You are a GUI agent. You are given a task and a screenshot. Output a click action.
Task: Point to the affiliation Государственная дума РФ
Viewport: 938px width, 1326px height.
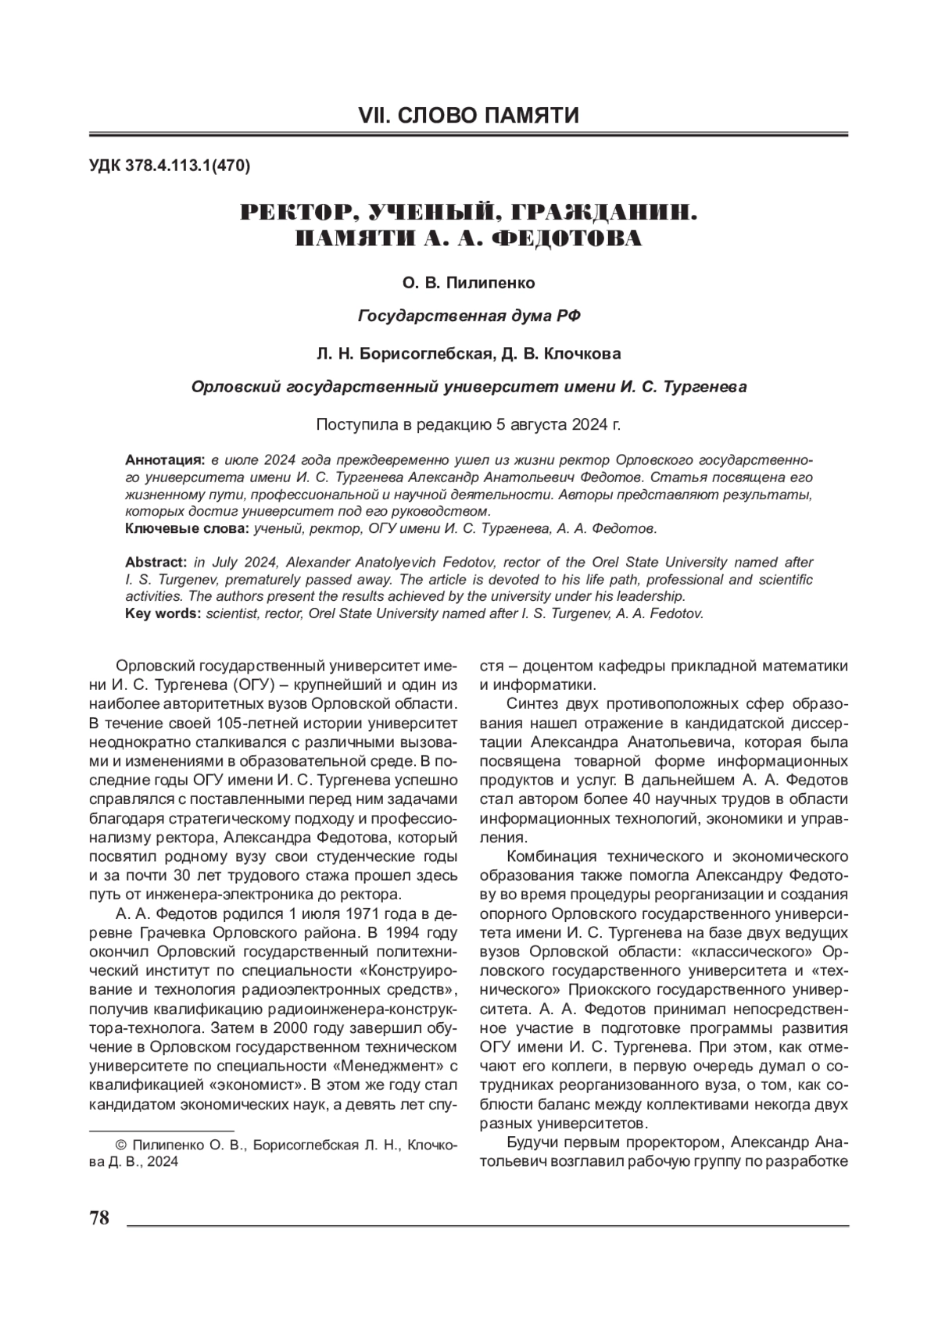pos(469,316)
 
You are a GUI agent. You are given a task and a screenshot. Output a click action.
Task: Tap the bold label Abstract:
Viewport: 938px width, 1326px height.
pos(156,563)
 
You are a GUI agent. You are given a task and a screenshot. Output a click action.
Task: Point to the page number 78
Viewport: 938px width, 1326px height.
pos(99,1218)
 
